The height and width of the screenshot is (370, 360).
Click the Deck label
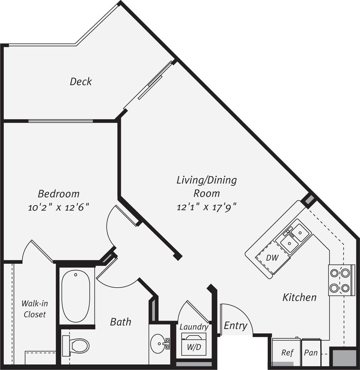pos(81,81)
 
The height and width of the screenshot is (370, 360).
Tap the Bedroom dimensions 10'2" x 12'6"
pos(58,207)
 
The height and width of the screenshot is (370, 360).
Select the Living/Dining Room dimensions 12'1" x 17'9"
pos(206,207)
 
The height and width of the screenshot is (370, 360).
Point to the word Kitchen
pos(299,297)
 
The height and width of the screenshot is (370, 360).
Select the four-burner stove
pos(340,280)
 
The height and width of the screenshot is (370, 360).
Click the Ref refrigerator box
pos(287,353)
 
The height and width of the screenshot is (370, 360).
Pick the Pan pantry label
pos(311,353)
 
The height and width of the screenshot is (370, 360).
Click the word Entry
pos(235,326)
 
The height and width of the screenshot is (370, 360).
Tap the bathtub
pos(76,295)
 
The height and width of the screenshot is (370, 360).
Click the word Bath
pos(121,321)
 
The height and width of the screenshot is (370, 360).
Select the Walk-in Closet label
pos(35,309)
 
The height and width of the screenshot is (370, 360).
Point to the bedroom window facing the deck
pos(61,121)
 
